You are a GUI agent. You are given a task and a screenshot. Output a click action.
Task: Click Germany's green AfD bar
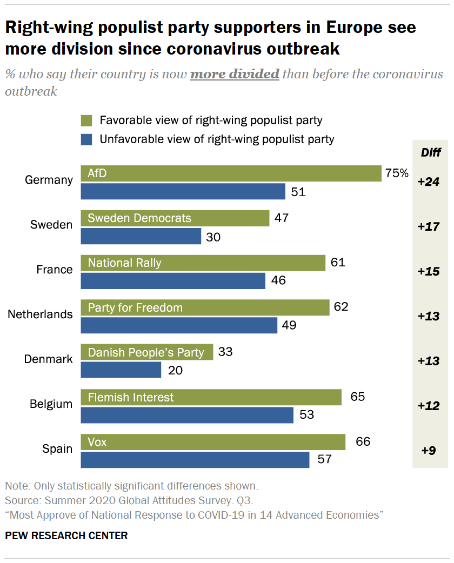pos(231,174)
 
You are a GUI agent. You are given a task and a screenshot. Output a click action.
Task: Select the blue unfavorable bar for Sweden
pos(141,237)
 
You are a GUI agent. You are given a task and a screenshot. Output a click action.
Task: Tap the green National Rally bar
pos(203,263)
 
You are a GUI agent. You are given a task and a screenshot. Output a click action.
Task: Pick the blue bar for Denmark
pos(121,370)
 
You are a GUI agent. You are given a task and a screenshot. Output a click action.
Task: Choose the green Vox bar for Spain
pos(213,442)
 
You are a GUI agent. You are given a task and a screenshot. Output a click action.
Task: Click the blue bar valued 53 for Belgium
pos(187,415)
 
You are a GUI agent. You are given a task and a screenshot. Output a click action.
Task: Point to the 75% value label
pos(397,173)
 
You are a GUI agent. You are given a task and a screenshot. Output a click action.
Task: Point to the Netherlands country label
pos(40,314)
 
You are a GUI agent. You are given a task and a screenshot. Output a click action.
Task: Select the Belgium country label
pos(51,404)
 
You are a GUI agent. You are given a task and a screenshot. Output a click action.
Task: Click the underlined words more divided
pos(235,74)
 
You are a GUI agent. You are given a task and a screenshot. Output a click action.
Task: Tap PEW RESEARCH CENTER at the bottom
pos(66,536)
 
